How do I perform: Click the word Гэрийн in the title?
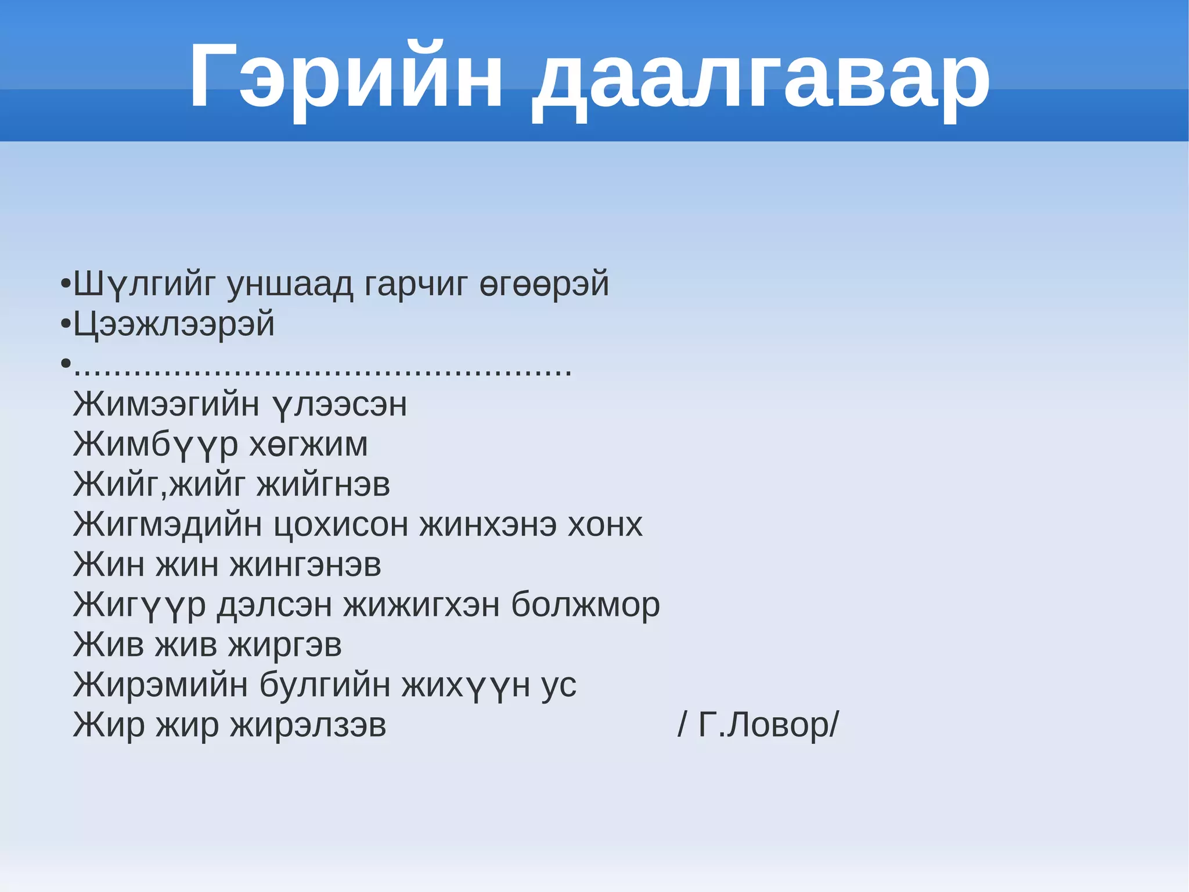click(x=345, y=76)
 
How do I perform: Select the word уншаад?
click(x=290, y=284)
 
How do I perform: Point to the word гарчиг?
click(x=416, y=284)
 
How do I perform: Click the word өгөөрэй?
click(x=544, y=284)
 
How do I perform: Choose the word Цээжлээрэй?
click(x=174, y=324)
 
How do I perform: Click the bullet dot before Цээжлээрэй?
click(x=66, y=324)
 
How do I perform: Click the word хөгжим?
click(x=308, y=445)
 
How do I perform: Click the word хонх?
click(x=605, y=525)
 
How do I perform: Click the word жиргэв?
click(x=284, y=645)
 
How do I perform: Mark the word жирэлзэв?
click(x=308, y=725)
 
